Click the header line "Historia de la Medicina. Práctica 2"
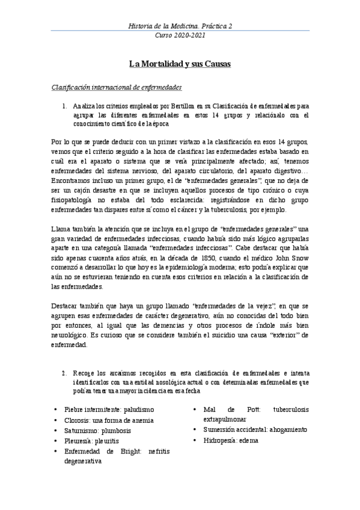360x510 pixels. [180, 26]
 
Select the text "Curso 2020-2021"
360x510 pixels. [180, 35]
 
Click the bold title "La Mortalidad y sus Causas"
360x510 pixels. [180, 63]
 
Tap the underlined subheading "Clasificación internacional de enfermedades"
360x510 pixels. [117, 87]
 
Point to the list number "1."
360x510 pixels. [66, 105]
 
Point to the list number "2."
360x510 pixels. [66, 372]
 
